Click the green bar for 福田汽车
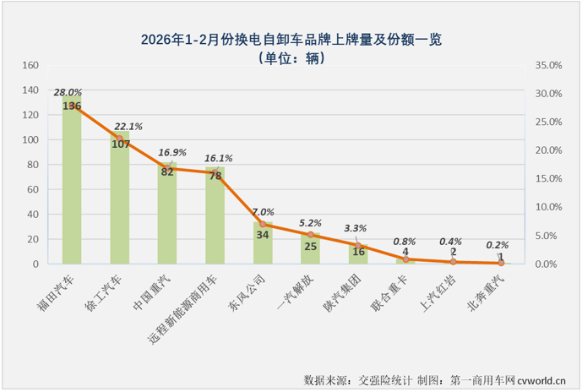point(72,186)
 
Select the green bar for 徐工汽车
point(119,203)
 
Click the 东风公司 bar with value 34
point(263,245)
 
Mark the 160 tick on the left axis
point(30,65)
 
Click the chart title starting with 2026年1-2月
point(291,40)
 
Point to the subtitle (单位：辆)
point(291,58)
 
